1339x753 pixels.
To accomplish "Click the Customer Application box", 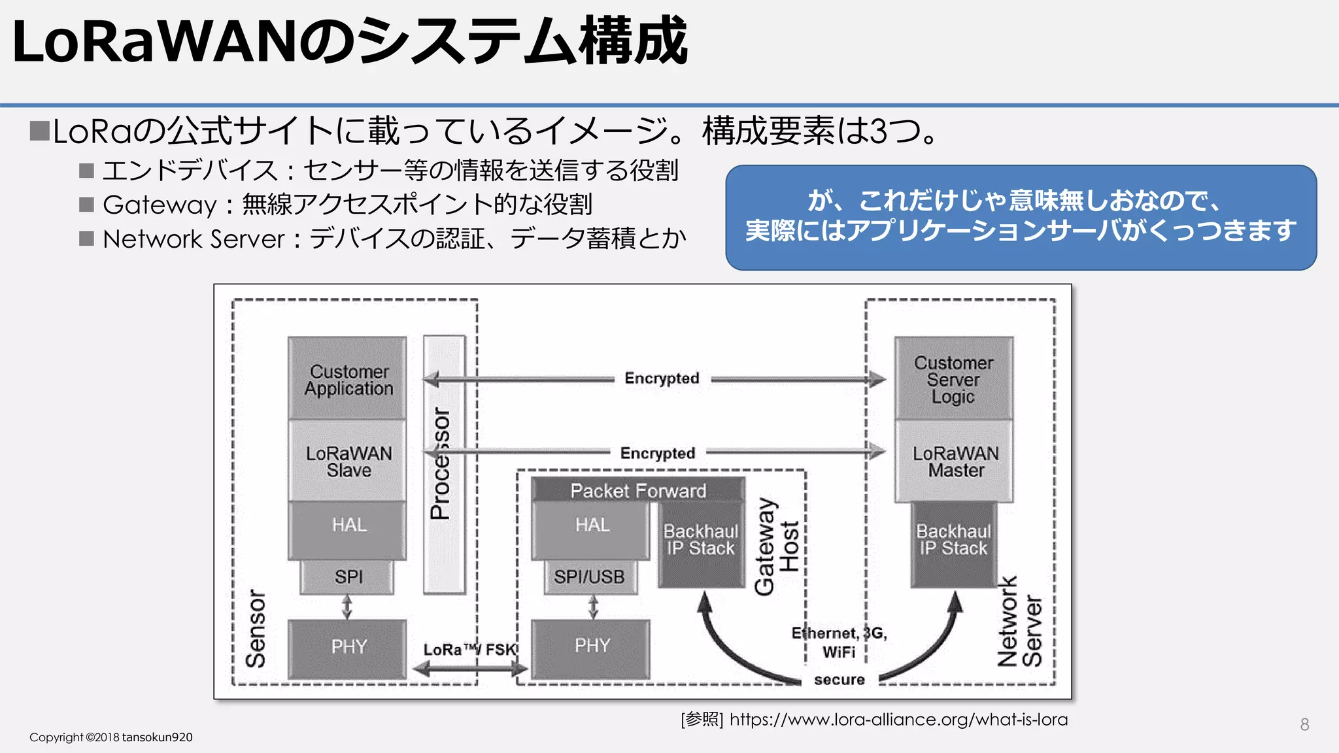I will pyautogui.click(x=347, y=378).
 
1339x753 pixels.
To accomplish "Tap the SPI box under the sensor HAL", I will pyautogui.click(x=347, y=577).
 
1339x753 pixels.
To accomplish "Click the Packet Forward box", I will pyautogui.click(x=637, y=490).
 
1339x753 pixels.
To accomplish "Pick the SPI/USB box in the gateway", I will pyautogui.click(x=590, y=577).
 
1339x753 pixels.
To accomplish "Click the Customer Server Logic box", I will pyautogui.click(x=953, y=378).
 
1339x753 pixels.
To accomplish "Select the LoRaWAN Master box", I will pyautogui.click(x=955, y=461).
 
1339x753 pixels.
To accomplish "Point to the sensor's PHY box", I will pyautogui.click(x=347, y=647).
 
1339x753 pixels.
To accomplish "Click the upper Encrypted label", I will pyautogui.click(x=662, y=378).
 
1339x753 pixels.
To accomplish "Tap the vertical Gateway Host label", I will pyautogui.click(x=777, y=546).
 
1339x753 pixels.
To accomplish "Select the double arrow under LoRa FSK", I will pyautogui.click(x=469, y=668).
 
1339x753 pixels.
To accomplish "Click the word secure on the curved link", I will pyautogui.click(x=839, y=680).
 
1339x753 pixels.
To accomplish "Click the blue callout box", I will pyautogui.click(x=1020, y=217).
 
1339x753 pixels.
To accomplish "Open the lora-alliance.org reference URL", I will pyautogui.click(x=898, y=720).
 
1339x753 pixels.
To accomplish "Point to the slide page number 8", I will pyautogui.click(x=1304, y=724).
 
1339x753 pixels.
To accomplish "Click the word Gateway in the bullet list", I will pyautogui.click(x=160, y=205).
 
